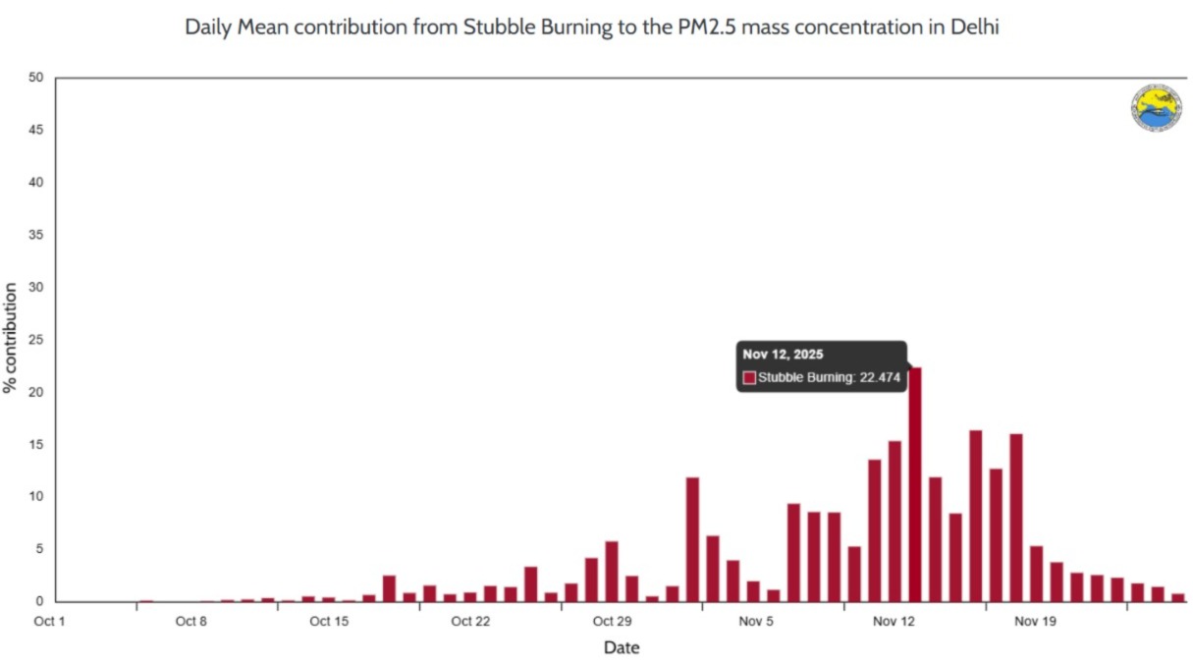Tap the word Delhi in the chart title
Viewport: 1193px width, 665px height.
(974, 28)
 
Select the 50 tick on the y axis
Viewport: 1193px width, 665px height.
(37, 78)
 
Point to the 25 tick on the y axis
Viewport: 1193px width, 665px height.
(37, 340)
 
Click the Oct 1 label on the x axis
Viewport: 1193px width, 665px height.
(49, 621)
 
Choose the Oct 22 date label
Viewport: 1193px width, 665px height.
(470, 621)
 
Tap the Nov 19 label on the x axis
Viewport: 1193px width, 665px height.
(1035, 621)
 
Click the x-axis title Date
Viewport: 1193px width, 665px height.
(622, 647)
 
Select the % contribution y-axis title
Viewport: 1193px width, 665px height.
(11, 338)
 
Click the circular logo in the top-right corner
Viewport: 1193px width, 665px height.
(1156, 108)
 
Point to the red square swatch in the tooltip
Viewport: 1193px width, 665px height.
(749, 377)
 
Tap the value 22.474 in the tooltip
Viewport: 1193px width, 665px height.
(880, 377)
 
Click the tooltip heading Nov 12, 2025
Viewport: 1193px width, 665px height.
(783, 355)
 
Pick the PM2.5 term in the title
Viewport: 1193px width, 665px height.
(700, 28)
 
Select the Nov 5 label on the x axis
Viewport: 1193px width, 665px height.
(756, 621)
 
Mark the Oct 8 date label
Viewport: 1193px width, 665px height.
(190, 621)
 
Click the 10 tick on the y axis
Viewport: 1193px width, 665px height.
(37, 497)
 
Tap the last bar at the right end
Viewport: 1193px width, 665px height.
(1177, 597)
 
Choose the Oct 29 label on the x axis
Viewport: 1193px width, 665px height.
(611, 621)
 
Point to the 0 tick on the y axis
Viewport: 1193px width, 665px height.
(40, 601)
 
